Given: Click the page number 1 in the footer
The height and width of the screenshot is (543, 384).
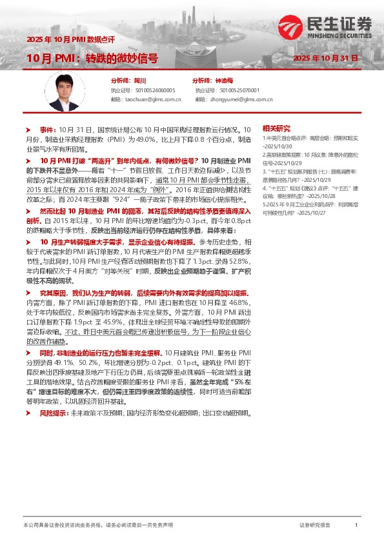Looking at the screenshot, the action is coord(356,526).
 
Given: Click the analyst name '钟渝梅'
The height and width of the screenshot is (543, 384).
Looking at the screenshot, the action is coord(223,81).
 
